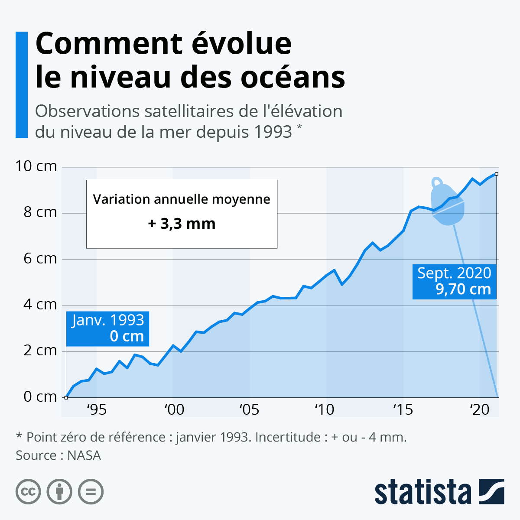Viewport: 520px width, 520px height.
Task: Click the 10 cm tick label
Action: (36, 166)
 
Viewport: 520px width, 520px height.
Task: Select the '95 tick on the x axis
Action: (96, 409)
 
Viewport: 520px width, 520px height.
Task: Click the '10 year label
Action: (325, 409)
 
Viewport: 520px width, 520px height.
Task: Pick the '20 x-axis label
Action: (479, 409)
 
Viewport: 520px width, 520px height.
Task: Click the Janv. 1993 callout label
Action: (107, 328)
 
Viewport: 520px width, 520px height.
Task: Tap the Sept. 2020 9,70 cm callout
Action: (454, 281)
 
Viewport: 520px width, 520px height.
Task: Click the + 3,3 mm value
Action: (182, 224)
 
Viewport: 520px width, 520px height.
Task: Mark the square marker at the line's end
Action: (496, 174)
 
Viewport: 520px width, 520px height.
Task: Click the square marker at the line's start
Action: (66, 397)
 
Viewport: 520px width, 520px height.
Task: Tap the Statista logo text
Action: (422, 492)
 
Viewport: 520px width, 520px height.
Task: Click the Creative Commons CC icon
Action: (28, 492)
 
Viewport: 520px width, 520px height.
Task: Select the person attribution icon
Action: (59, 492)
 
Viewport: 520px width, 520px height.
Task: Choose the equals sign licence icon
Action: (91, 492)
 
